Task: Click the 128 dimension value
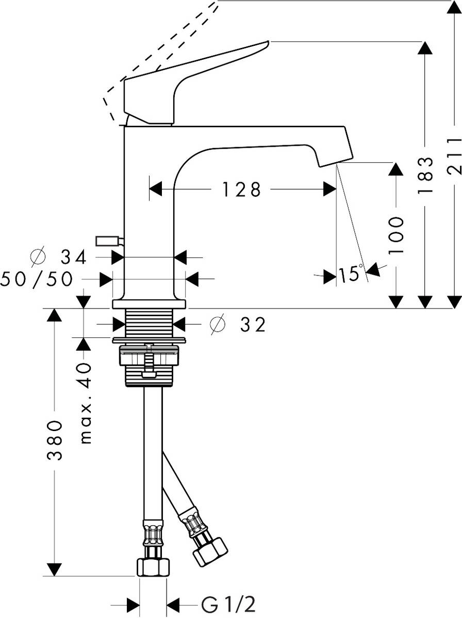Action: coord(242,190)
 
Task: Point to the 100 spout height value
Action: coord(396,235)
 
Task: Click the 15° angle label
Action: coord(351,273)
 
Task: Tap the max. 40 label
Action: coord(86,403)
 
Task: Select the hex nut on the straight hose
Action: coord(153,568)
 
